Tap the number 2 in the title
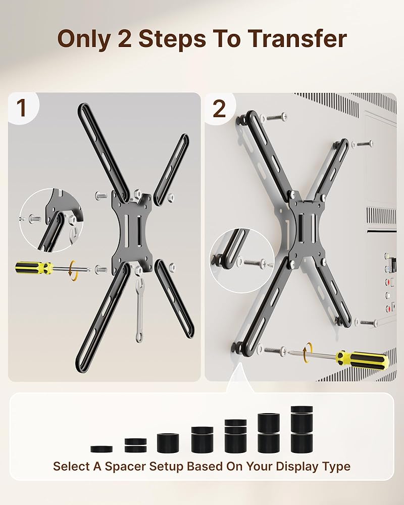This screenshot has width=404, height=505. (125, 39)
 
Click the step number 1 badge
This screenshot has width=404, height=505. (22, 108)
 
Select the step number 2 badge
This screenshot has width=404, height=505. (219, 109)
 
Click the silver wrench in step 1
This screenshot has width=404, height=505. (139, 310)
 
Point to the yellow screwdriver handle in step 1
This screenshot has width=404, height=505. (33, 268)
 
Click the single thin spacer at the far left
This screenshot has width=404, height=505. (102, 449)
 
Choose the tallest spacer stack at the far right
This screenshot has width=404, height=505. (301, 429)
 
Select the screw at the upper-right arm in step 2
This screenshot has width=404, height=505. (363, 143)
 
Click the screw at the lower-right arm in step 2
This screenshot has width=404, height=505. (366, 322)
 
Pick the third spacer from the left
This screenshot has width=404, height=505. (168, 443)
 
